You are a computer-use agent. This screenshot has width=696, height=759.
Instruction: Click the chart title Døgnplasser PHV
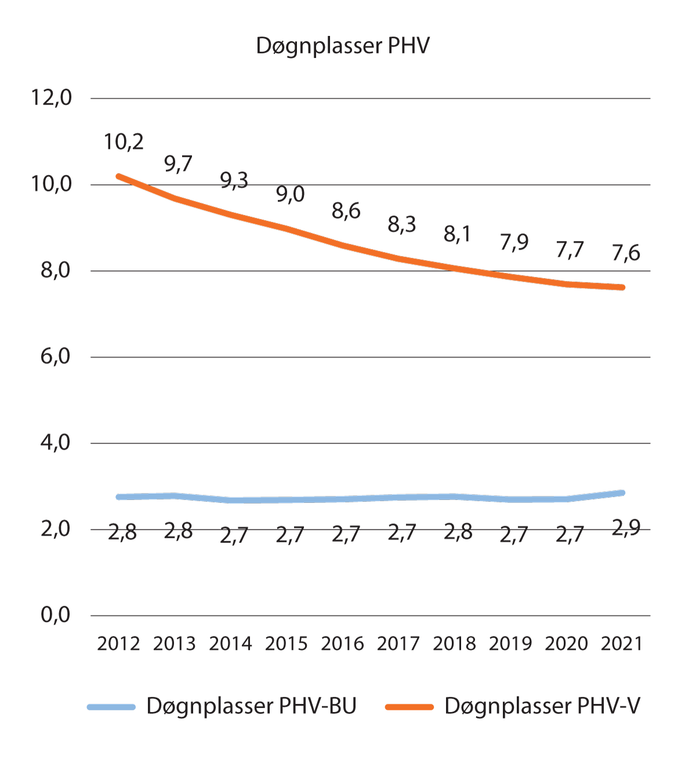[343, 46]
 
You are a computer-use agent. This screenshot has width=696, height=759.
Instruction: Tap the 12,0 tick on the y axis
[52, 98]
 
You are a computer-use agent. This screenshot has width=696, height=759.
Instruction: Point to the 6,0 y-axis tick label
[55, 356]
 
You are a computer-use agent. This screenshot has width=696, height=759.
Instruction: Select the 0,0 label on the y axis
[55, 615]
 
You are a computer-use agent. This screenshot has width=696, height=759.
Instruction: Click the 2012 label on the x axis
[118, 644]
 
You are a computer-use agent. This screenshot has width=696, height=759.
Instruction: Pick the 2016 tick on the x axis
[342, 644]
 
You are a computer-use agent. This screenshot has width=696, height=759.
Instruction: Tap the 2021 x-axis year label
[622, 644]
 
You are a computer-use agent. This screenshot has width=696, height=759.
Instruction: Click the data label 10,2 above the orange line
[124, 142]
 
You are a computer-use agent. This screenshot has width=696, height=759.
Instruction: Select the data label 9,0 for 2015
[290, 195]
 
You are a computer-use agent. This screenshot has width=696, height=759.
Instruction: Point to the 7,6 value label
[626, 253]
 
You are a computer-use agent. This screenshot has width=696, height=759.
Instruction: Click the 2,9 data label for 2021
[626, 528]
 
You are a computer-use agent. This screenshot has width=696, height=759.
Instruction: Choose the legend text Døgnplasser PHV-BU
[251, 706]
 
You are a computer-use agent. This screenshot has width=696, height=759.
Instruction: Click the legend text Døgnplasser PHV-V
[542, 706]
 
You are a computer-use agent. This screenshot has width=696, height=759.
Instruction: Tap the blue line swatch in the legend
[111, 707]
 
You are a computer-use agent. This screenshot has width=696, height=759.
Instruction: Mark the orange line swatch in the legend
[409, 707]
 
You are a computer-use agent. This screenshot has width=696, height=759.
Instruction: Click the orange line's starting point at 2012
[119, 176]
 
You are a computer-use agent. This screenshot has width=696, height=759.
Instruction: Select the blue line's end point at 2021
[622, 493]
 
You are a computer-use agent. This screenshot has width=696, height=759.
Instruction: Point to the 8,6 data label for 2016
[346, 211]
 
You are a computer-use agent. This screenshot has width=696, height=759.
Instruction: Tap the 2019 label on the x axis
[510, 644]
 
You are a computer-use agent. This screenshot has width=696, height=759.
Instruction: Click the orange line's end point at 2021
[622, 287]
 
